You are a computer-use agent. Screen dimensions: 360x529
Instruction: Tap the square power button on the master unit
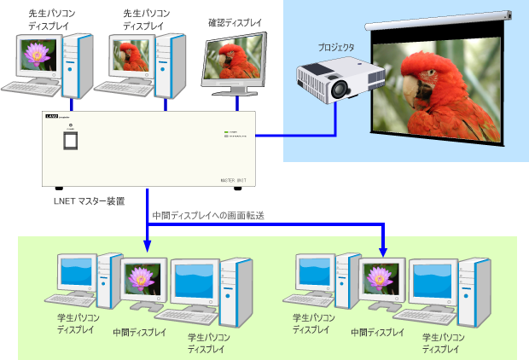click(x=72, y=142)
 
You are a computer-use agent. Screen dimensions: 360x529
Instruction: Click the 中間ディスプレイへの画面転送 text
click(x=207, y=216)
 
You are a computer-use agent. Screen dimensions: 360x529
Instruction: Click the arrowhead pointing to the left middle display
click(x=148, y=248)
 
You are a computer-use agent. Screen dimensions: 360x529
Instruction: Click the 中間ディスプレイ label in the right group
click(x=377, y=331)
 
